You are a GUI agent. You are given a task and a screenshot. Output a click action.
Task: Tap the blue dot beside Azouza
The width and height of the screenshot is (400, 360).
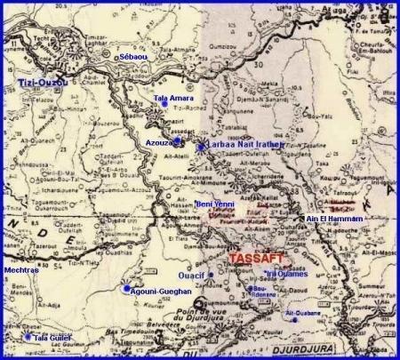(x=178, y=141)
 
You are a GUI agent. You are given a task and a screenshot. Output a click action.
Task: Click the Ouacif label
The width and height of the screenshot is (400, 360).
(x=192, y=275)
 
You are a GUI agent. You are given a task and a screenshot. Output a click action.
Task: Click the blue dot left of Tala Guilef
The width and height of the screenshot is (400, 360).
(x=28, y=337)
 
